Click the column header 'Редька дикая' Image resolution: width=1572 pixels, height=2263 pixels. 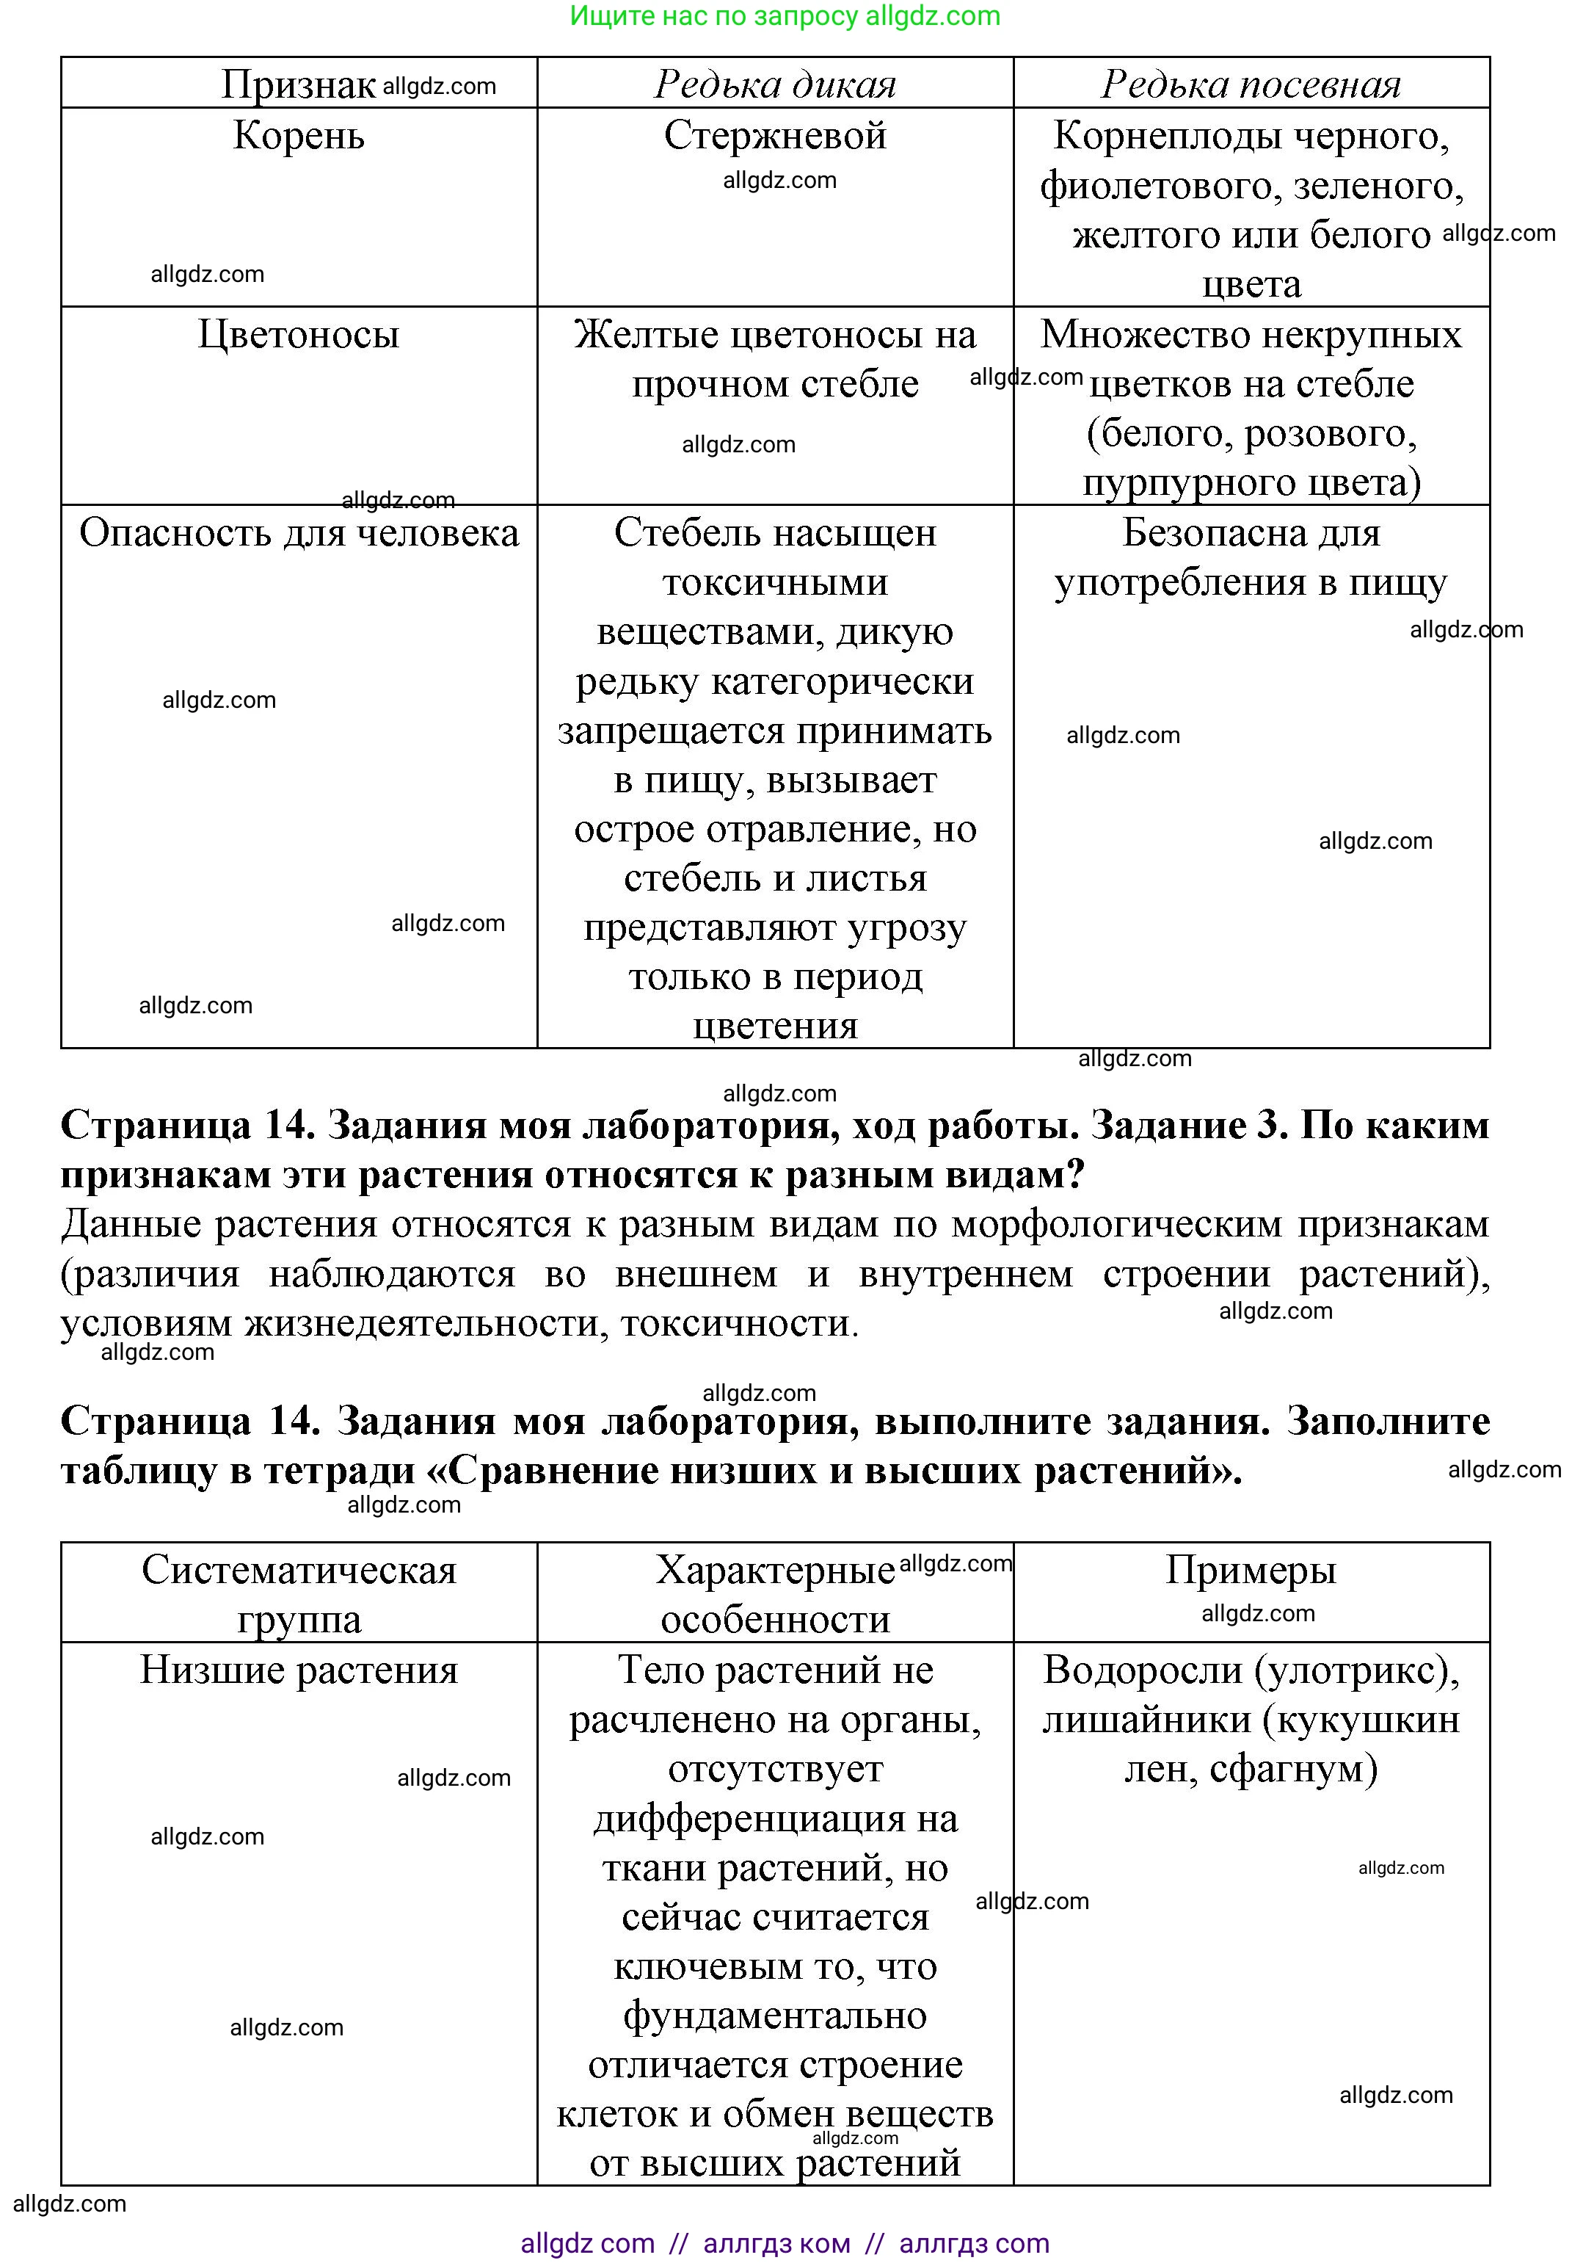[x=775, y=84]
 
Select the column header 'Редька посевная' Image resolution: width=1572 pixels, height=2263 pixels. [x=1251, y=84]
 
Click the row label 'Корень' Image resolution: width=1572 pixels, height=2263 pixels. [x=299, y=136]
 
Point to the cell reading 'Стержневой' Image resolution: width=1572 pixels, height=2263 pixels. [x=775, y=136]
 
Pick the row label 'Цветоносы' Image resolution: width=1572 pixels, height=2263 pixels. [x=299, y=335]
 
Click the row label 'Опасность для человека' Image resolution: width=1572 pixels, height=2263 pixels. [x=299, y=533]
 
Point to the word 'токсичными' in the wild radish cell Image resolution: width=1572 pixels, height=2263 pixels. [x=775, y=582]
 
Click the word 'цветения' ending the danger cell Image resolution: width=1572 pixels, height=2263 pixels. [x=775, y=1026]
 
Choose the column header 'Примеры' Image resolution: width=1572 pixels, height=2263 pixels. [x=1251, y=1571]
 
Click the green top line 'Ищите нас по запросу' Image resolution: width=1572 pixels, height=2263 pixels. [x=714, y=17]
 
